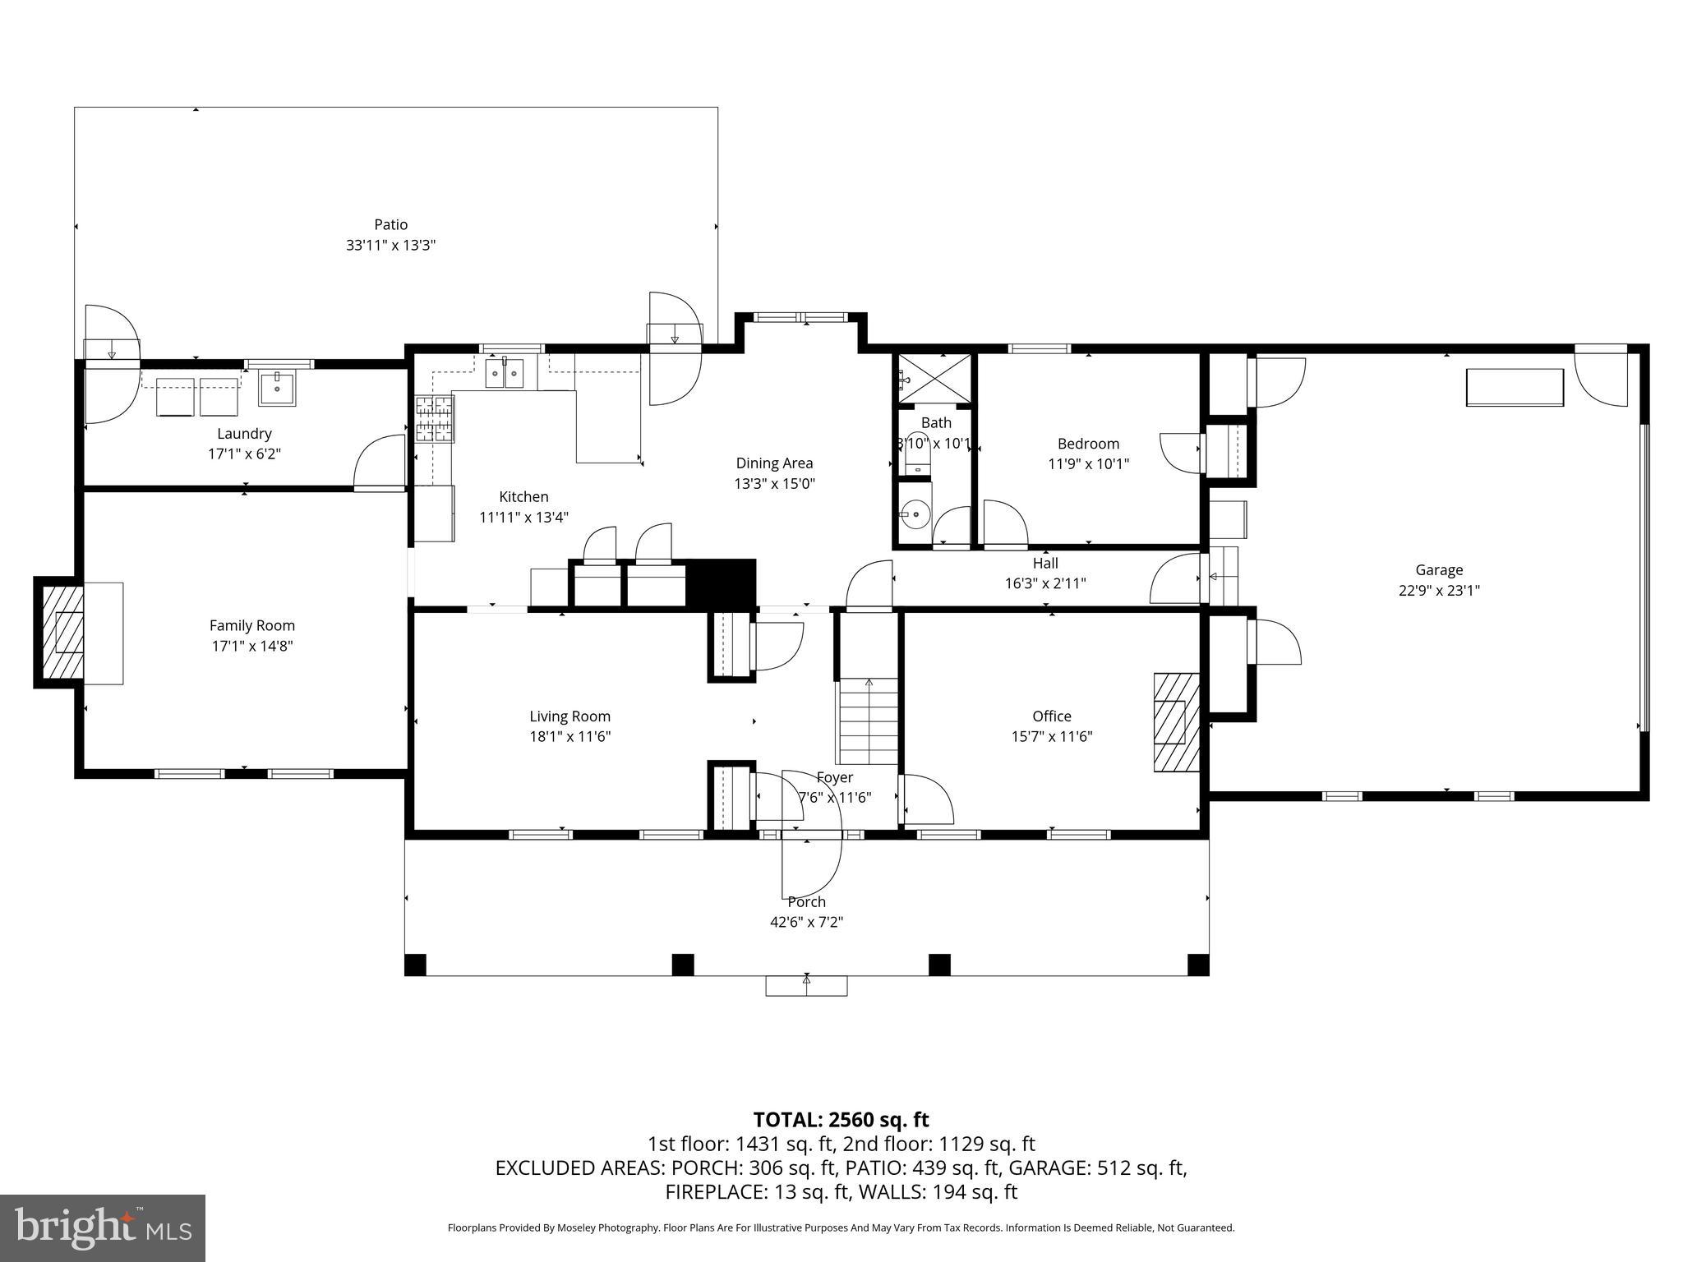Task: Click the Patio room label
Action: coord(390,224)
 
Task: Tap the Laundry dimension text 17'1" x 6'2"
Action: coord(244,454)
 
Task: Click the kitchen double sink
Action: coord(504,374)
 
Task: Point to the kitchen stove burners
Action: coord(434,419)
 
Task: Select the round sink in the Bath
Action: coord(915,515)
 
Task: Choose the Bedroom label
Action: coord(1088,444)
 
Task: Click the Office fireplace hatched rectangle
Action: coord(1175,722)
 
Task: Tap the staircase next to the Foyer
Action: coord(869,721)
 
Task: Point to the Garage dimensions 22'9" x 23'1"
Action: coord(1439,590)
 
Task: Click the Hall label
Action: coord(1045,563)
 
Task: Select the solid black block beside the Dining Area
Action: coord(721,583)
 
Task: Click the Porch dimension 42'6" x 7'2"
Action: coord(806,922)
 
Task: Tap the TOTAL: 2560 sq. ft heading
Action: coord(841,1120)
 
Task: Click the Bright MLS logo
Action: coord(103,1227)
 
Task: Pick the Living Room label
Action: coord(569,716)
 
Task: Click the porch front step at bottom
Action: coord(806,986)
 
